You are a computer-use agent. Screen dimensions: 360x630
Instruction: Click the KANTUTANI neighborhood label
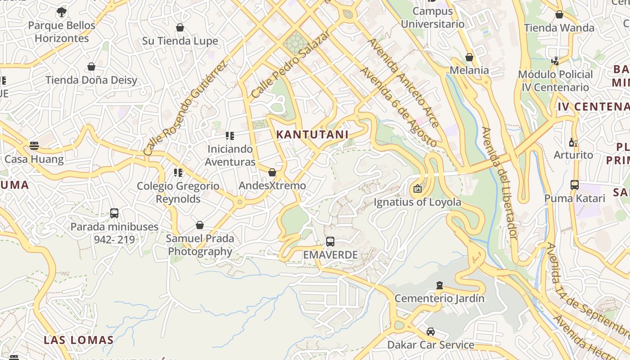312,134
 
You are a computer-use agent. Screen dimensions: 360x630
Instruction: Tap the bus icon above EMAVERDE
330,242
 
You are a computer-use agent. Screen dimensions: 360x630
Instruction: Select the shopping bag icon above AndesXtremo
272,172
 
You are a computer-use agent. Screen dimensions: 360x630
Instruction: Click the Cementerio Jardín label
439,298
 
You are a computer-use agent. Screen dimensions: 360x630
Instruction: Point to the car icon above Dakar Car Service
431,332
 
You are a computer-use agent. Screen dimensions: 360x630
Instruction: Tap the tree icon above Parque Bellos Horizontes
62,12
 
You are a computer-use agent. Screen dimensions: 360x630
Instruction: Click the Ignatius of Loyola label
417,202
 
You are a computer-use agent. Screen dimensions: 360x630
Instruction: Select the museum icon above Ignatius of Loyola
417,189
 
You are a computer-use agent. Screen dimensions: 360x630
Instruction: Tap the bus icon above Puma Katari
575,184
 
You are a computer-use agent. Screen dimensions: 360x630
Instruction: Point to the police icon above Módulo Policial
555,61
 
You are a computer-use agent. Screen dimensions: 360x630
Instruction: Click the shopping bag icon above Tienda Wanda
559,14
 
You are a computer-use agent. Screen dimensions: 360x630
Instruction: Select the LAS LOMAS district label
78,339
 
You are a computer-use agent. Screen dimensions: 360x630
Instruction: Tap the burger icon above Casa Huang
34,145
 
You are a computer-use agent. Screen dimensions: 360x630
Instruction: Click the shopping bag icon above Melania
469,57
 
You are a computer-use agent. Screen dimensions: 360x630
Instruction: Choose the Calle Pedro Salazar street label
291,63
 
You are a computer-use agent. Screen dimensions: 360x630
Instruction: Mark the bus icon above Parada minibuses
114,213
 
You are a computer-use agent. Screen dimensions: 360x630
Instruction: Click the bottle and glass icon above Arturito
573,142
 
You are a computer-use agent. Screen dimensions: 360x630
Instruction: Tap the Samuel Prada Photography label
200,244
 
